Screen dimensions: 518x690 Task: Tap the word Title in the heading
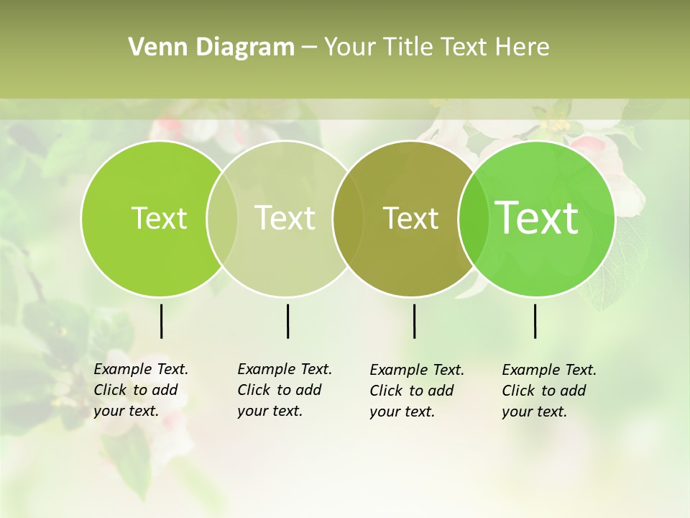(408, 47)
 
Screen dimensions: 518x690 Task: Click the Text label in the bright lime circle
(159, 218)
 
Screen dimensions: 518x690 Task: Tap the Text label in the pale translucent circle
(285, 218)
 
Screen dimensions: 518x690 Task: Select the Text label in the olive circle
(411, 218)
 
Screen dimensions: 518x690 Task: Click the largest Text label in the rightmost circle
(537, 217)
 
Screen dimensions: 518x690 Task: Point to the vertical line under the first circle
(161, 321)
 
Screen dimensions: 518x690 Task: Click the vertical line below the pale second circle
(287, 321)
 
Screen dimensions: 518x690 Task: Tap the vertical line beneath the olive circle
(414, 321)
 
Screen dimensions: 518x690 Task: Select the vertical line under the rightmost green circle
(535, 321)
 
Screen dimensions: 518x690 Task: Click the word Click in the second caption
(254, 390)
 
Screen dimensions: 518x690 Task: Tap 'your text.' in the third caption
(402, 412)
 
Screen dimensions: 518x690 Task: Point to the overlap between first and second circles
(222, 218)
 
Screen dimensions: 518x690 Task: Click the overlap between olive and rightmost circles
(470, 218)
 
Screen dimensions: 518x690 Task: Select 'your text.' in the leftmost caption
(126, 411)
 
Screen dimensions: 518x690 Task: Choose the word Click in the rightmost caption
(518, 391)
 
